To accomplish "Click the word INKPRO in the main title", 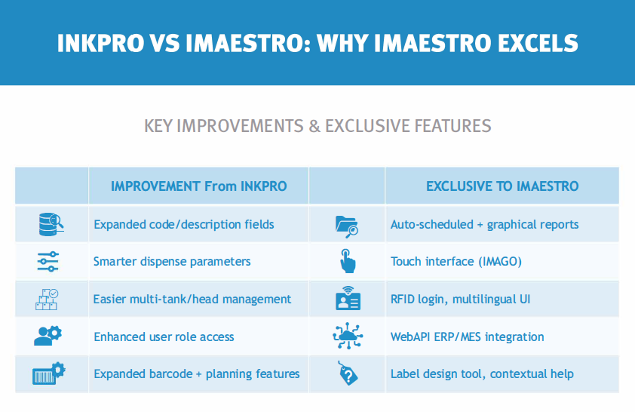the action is pos(100,43).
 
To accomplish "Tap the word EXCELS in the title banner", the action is pos(538,43).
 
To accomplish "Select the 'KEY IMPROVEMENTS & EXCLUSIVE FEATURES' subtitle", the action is pos(317,126).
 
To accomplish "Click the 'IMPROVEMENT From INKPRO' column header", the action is pos(199,186).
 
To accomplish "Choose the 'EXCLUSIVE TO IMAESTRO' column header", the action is pos(502,186).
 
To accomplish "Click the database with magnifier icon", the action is pos(51,224).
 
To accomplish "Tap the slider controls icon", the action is pos(48,262).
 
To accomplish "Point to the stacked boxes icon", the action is pos(47,300).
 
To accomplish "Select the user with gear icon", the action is pos(48,336).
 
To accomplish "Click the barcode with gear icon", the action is pos(48,373).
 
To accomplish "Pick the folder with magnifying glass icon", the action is pos(347,226).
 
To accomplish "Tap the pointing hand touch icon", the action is pos(348,261).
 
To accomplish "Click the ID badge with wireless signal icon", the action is pos(348,298).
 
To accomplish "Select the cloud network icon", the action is pos(348,336).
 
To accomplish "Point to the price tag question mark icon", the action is pos(348,373).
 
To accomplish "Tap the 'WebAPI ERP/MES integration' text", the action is pos(468,337).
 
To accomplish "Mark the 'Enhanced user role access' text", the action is pos(164,337).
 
